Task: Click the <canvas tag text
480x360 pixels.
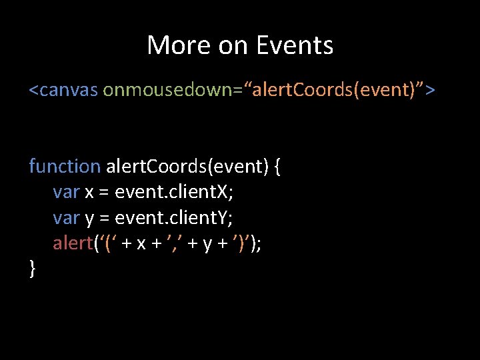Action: [63, 89]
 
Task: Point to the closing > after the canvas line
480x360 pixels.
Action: [430, 89]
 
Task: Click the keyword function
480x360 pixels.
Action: [65, 166]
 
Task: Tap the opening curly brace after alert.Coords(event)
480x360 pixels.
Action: [277, 167]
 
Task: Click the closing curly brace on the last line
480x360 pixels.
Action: [33, 269]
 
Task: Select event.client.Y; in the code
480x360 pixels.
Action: [174, 217]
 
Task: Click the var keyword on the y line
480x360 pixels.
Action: [66, 217]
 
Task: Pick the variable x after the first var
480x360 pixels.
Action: [89, 193]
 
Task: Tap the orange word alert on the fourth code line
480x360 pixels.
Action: [73, 243]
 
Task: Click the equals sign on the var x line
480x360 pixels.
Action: [104, 193]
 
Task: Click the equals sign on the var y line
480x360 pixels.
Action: [104, 218]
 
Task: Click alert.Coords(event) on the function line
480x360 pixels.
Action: [186, 166]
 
